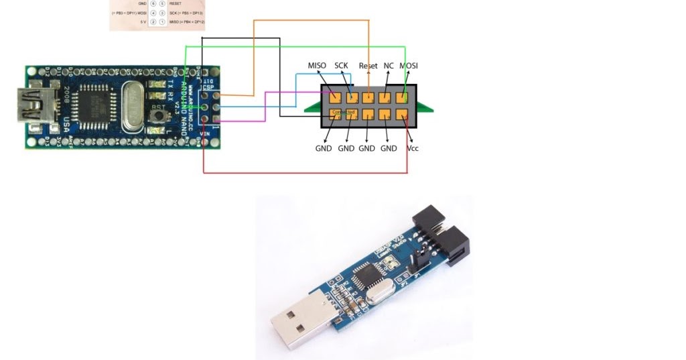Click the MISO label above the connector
click(x=317, y=66)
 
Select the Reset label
click(x=368, y=66)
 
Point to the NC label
click(x=389, y=66)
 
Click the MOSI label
click(x=409, y=66)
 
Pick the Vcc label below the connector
click(x=413, y=148)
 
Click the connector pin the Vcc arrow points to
click(x=403, y=115)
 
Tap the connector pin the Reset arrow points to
click(x=368, y=97)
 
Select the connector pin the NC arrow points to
click(x=387, y=97)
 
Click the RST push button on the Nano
click(x=158, y=117)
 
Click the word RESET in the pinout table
click(x=176, y=3)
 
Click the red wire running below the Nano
click(x=301, y=173)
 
